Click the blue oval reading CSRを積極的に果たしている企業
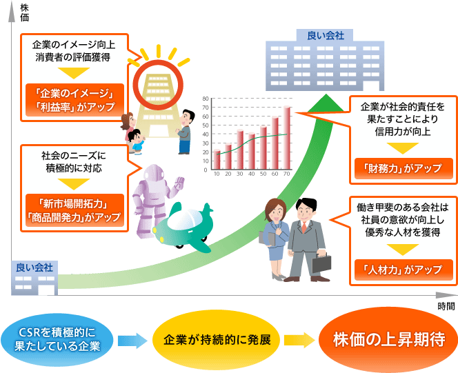pyautogui.click(x=57, y=340)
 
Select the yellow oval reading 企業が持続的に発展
pyautogui.click(x=217, y=340)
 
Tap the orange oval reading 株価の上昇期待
pyautogui.click(x=388, y=339)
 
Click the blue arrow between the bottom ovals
pyautogui.click(x=132, y=341)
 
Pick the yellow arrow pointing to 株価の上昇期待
pyautogui.click(x=299, y=340)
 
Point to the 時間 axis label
pyautogui.click(x=446, y=306)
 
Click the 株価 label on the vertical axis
pyautogui.click(x=25, y=12)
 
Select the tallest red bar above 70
pyautogui.click(x=287, y=138)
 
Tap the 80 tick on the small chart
pyautogui.click(x=206, y=99)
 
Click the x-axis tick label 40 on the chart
pyautogui.click(x=252, y=174)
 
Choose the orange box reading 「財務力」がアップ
pyautogui.click(x=404, y=168)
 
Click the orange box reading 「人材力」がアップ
pyautogui.click(x=404, y=270)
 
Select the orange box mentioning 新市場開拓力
pyautogui.click(x=74, y=210)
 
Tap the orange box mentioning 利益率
pyautogui.click(x=74, y=100)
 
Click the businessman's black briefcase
pyautogui.click(x=322, y=263)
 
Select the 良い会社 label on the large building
pyautogui.click(x=326, y=36)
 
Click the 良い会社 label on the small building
pyautogui.click(x=34, y=268)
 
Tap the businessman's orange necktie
pyautogui.click(x=304, y=227)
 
